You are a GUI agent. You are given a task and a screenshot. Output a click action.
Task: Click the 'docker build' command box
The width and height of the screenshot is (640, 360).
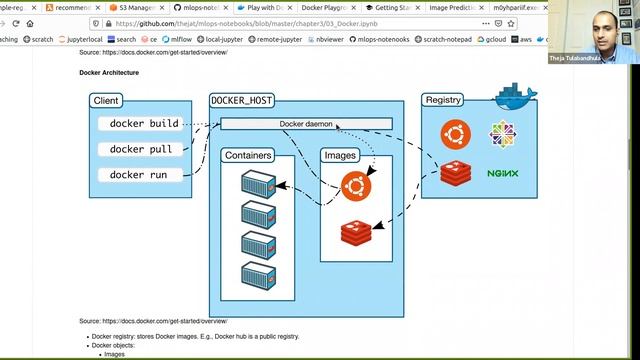(144, 124)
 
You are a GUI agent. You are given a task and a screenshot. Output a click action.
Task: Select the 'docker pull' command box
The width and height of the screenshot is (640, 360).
(141, 149)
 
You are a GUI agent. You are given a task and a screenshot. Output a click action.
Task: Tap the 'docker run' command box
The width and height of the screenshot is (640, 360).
(139, 175)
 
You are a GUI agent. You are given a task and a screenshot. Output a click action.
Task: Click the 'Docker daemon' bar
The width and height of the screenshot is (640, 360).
(306, 124)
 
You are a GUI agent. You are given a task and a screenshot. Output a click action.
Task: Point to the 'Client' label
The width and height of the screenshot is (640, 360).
(106, 101)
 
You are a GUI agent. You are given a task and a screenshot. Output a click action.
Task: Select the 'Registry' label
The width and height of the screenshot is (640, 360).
(443, 100)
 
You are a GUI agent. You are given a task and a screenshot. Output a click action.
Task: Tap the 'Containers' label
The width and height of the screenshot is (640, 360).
(248, 156)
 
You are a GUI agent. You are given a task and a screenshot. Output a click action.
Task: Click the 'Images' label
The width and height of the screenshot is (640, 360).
(341, 156)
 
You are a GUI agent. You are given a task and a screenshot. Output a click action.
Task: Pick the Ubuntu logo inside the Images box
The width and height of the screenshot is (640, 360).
(356, 185)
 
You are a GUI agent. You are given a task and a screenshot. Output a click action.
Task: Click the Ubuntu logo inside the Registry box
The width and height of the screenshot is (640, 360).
(456, 132)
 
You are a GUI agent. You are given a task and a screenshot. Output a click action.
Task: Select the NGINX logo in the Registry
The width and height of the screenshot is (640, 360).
(502, 173)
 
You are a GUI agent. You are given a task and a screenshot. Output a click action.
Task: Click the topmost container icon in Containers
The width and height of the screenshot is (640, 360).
(258, 183)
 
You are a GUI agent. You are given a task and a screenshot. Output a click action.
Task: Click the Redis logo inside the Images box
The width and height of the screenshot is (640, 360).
(355, 233)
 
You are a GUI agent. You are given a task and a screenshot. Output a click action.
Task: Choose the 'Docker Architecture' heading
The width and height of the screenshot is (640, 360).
(109, 73)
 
